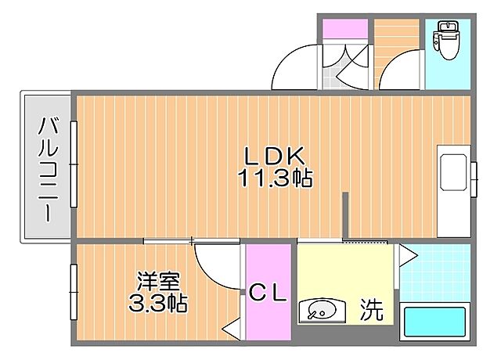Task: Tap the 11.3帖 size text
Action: (275, 179)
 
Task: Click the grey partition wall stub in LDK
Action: (344, 215)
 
